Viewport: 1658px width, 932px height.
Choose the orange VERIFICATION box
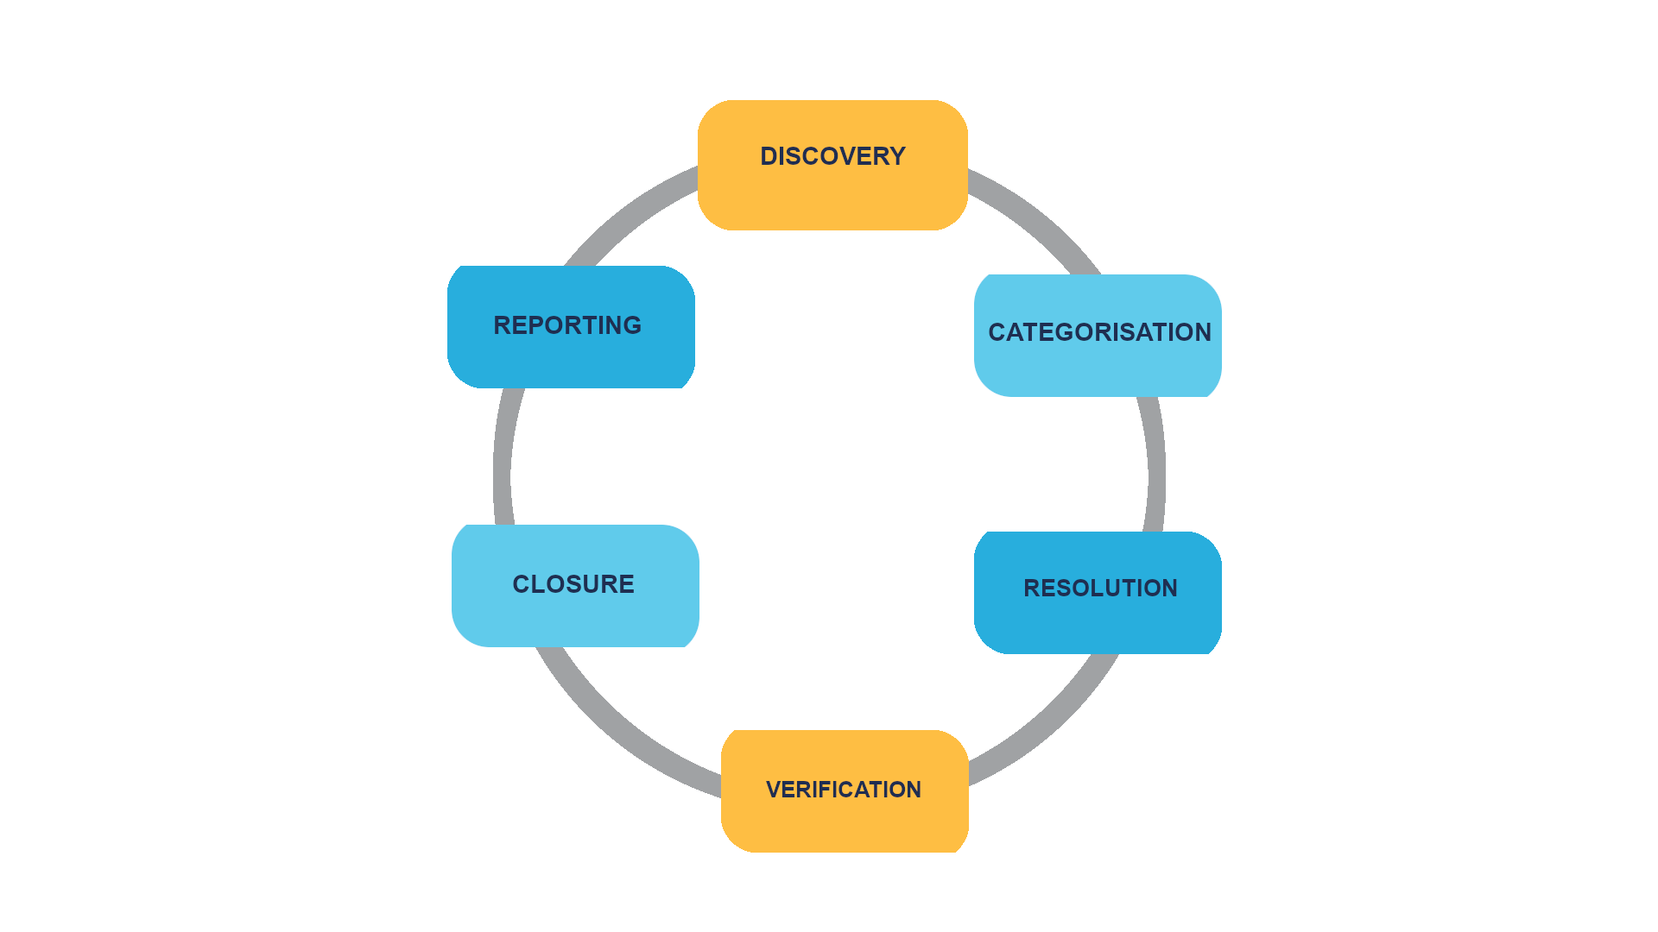click(845, 824)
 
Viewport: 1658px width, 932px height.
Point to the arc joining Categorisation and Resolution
click(1156, 466)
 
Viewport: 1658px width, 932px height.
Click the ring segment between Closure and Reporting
click(503, 457)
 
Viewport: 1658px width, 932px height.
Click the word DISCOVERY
click(832, 156)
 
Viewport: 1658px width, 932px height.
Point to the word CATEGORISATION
click(1099, 332)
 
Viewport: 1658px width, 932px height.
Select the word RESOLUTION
click(1100, 589)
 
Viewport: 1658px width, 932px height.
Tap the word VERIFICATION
click(844, 790)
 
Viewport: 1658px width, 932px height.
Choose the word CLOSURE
click(573, 584)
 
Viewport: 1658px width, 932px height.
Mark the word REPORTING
click(567, 325)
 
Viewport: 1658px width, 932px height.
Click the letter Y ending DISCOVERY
click(896, 156)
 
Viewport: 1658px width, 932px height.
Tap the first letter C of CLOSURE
click(522, 584)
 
